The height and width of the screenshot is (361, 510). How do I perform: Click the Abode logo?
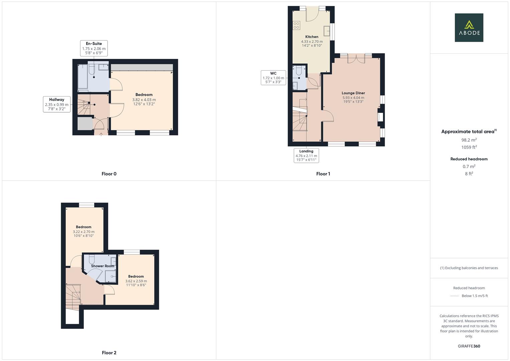pos(469,28)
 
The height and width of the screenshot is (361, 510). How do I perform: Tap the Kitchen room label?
pos(312,37)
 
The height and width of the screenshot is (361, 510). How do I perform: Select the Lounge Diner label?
pos(353,93)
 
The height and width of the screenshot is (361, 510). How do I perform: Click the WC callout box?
pos(273,78)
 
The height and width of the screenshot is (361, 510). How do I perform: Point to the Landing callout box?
pos(306,155)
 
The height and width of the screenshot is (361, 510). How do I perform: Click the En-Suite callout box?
pos(94,48)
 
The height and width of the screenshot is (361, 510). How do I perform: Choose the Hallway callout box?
pos(56,104)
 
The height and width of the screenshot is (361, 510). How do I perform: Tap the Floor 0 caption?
pos(109,174)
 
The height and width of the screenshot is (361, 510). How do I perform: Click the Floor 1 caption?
pos(323,174)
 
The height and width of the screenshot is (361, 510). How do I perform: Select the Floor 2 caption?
pos(109,353)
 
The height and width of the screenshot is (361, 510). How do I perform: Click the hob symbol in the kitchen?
pos(296,25)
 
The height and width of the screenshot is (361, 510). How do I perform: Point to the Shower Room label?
pos(103,266)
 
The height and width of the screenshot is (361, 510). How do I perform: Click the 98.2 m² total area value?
pos(469,140)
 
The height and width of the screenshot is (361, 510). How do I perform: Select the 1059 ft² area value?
pos(469,147)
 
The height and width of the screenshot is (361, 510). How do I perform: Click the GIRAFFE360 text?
pos(469,346)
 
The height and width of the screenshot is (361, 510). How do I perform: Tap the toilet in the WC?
pos(299,71)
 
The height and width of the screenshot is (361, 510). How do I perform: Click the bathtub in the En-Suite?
pos(82,76)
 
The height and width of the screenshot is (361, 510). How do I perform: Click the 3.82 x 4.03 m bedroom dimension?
pos(144,100)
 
